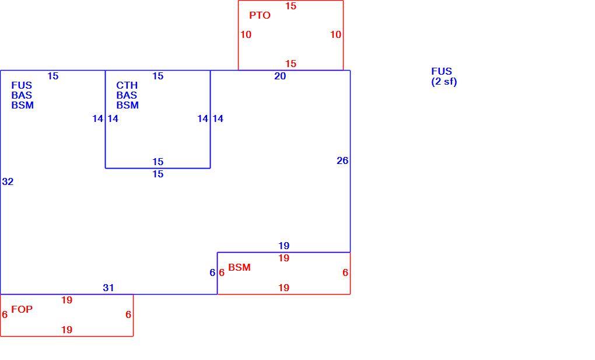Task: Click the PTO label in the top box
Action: click(260, 16)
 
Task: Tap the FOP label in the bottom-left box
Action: click(22, 309)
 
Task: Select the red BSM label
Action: click(239, 268)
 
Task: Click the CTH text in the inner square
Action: click(127, 85)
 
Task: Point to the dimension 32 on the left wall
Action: click(8, 182)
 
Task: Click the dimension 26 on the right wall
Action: click(342, 161)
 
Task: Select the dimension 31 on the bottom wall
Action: click(108, 288)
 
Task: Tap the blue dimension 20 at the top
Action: click(280, 76)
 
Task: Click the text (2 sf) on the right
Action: click(444, 82)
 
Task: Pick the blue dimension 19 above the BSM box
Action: click(284, 246)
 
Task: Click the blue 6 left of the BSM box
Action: click(212, 272)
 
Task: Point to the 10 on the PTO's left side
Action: click(246, 35)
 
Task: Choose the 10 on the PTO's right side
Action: click(335, 35)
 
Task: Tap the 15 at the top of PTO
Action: click(290, 6)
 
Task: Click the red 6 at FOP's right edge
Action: click(128, 315)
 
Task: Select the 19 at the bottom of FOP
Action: click(66, 330)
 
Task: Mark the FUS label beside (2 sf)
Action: click(442, 72)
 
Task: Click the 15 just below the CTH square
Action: click(158, 174)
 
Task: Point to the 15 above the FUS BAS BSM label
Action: click(52, 76)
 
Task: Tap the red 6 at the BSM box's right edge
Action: click(345, 272)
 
